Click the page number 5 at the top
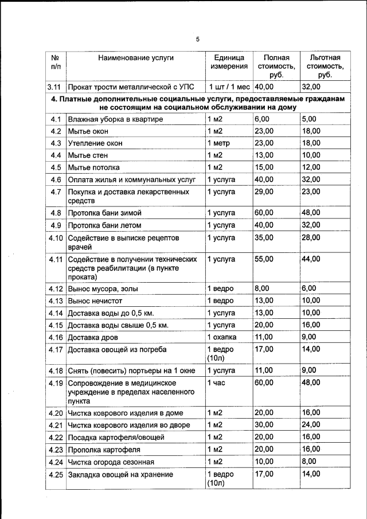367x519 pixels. (197, 40)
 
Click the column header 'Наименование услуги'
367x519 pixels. (135, 58)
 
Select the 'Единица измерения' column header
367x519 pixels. (229, 62)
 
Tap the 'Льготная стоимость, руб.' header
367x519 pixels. (325, 66)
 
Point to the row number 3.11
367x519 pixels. (56, 88)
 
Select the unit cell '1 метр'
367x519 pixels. (220, 143)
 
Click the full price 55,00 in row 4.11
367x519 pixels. (264, 259)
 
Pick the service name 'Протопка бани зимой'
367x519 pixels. (104, 213)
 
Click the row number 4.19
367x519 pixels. (56, 383)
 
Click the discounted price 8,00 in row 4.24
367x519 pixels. (309, 462)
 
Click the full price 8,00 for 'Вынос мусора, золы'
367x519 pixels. (261, 288)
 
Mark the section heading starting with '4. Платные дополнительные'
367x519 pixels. (198, 103)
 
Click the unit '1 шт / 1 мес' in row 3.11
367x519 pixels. (229, 88)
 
